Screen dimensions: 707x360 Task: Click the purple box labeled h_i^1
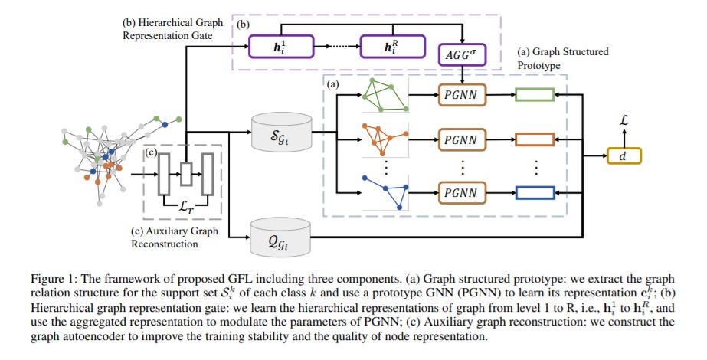click(281, 47)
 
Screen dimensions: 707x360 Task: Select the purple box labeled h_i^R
click(392, 47)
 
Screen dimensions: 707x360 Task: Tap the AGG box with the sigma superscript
click(462, 55)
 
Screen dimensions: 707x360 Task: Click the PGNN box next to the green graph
click(462, 95)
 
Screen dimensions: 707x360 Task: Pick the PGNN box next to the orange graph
click(462, 139)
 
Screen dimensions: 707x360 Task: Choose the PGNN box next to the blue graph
click(462, 192)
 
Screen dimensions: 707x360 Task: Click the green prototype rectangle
click(535, 95)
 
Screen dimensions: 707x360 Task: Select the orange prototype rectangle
click(535, 139)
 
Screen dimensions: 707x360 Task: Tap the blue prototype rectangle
click(535, 192)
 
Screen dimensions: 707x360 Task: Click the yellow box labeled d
click(624, 156)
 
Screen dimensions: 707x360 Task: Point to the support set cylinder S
click(282, 132)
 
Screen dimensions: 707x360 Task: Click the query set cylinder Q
click(281, 237)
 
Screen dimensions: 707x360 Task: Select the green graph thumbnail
click(385, 95)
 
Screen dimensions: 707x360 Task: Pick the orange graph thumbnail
click(385, 139)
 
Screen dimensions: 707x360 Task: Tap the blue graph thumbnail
click(385, 192)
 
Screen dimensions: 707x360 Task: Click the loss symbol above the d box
click(624, 120)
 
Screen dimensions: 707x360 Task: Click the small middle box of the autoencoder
click(186, 174)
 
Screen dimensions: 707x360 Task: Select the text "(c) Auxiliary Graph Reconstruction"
click(175, 237)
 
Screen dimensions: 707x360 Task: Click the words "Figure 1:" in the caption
click(47, 279)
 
